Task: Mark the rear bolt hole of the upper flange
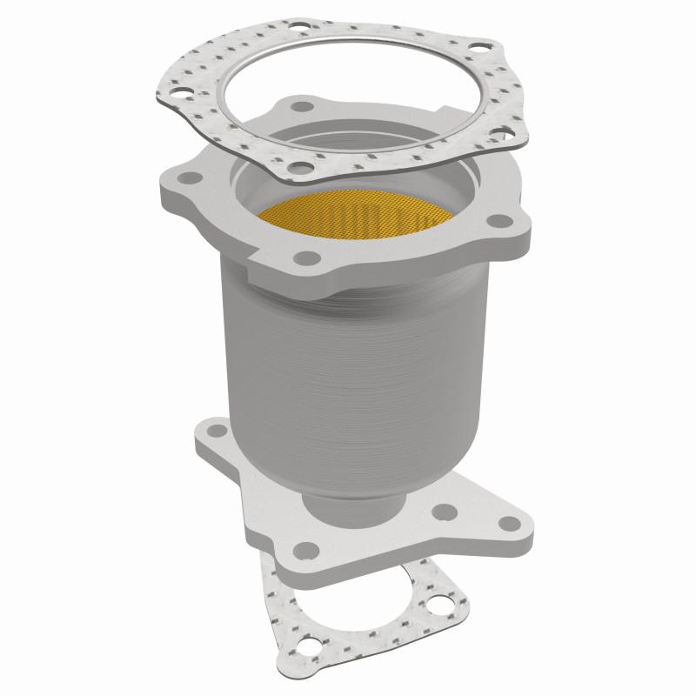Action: pos(302,107)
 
